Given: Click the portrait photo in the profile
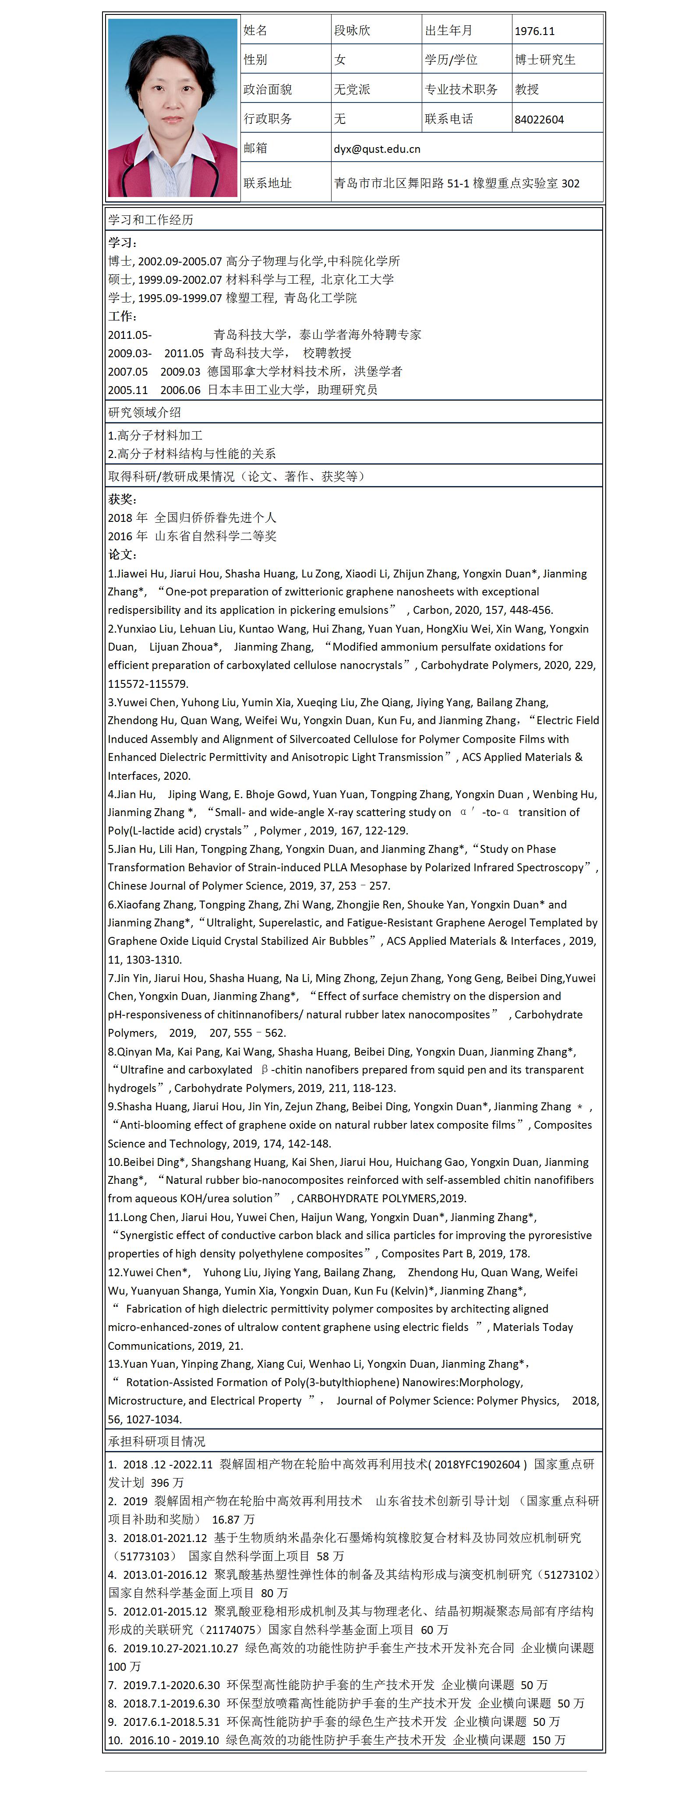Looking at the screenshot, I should (x=172, y=107).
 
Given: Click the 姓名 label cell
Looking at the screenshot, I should (x=255, y=30).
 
